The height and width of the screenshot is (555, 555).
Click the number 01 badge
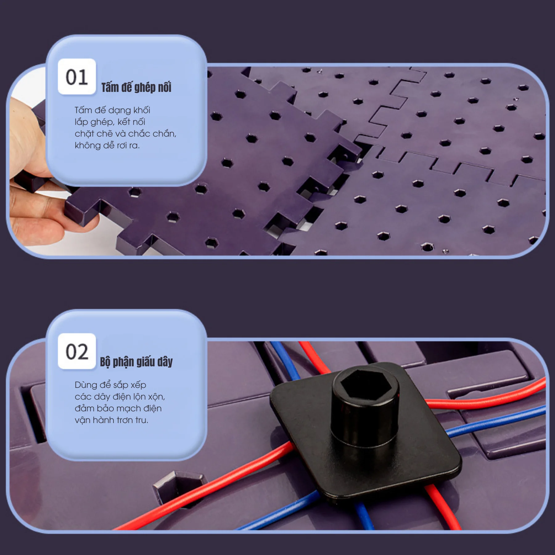[77, 76]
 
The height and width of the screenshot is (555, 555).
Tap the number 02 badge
[77, 351]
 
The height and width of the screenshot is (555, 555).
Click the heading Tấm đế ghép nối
[136, 87]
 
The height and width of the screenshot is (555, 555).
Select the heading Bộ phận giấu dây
[136, 362]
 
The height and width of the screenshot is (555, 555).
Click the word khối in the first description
[142, 110]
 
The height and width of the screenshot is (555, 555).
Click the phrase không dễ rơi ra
[107, 145]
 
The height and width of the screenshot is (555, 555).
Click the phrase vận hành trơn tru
[111, 420]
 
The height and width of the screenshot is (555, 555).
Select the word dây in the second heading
[165, 362]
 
